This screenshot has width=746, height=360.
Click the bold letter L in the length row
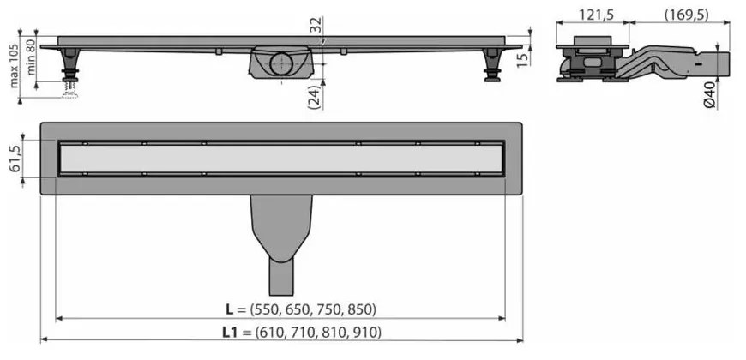tap(227, 309)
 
